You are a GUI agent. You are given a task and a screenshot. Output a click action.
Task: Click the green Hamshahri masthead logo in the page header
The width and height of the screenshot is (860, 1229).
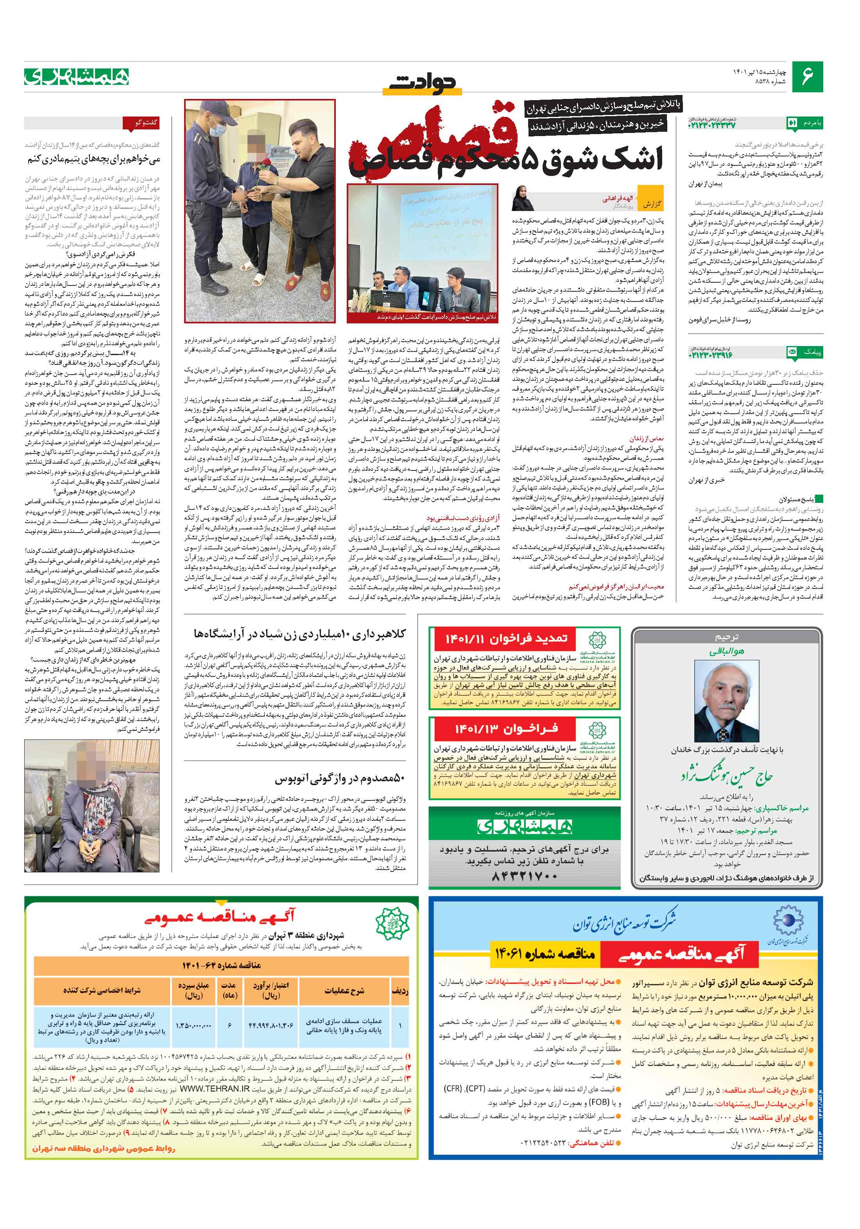[x=77, y=77]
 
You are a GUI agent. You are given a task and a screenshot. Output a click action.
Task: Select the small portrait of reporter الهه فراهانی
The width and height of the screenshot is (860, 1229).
[x=523, y=197]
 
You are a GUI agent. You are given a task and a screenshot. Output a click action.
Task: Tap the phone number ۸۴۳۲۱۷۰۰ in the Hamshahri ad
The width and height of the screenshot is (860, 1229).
[x=524, y=876]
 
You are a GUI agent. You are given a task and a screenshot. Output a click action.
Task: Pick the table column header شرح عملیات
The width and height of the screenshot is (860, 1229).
[x=344, y=990]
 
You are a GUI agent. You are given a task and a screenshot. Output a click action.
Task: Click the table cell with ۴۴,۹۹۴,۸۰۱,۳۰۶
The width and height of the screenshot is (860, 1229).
[x=271, y=1026]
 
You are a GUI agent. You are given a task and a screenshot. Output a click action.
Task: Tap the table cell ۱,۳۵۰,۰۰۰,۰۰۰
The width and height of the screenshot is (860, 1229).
[x=193, y=1026]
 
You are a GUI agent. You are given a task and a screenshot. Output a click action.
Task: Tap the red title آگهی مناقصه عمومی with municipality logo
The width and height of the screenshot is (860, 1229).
[x=219, y=917]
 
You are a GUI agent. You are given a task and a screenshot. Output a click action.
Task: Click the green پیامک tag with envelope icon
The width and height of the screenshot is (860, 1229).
[x=804, y=352]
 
